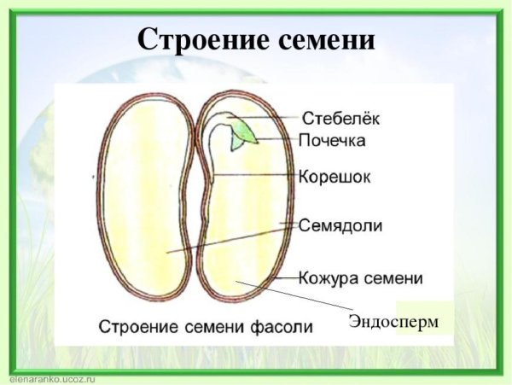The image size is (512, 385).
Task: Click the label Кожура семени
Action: (x=361, y=277)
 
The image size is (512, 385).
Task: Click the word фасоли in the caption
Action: (x=282, y=326)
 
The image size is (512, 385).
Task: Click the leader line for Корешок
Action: (x=256, y=175)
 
